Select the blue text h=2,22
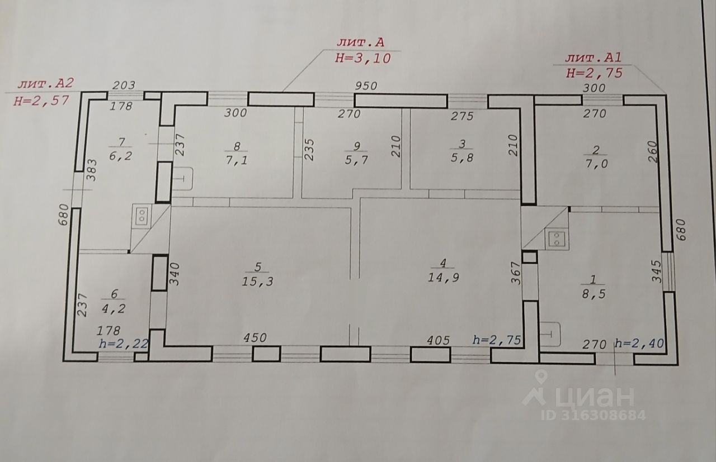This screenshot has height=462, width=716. (x=123, y=344)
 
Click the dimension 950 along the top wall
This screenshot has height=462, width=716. (x=368, y=87)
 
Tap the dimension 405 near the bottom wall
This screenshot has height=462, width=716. (x=437, y=339)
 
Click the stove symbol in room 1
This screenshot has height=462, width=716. (x=557, y=239)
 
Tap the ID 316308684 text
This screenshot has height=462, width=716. (x=594, y=416)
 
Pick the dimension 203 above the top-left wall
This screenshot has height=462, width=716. (x=124, y=87)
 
